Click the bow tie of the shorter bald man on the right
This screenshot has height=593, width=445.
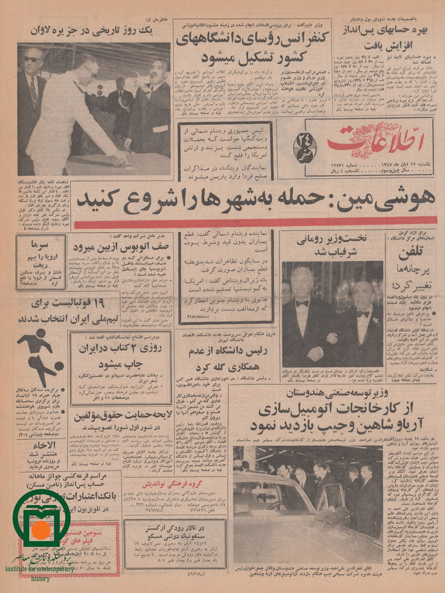tap(363, 313)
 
